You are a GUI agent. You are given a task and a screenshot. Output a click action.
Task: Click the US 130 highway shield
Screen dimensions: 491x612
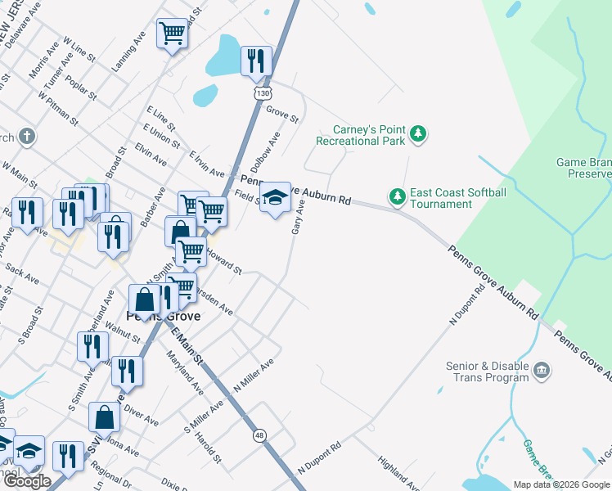[x=262, y=94]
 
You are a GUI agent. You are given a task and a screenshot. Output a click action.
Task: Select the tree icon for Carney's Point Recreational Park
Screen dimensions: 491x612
[x=418, y=133]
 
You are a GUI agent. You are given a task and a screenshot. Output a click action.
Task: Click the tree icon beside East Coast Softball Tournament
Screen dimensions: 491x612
[x=397, y=196]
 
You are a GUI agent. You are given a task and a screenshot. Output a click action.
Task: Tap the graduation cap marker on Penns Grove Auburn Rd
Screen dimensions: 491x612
[x=276, y=196]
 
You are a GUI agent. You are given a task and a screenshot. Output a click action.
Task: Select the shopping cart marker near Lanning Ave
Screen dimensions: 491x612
[x=173, y=34]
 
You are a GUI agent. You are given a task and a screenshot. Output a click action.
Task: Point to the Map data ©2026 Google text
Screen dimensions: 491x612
[x=561, y=484]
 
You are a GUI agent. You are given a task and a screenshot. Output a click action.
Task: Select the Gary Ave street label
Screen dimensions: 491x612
[x=299, y=219]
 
